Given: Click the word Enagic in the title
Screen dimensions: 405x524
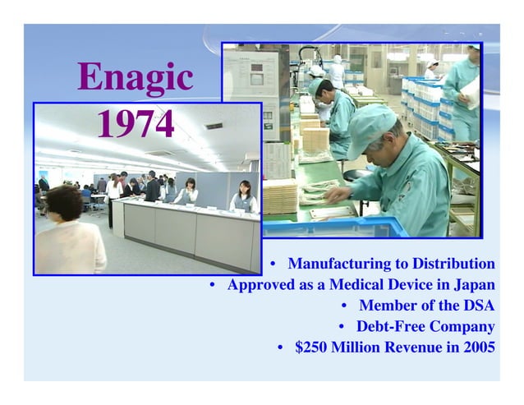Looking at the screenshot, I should (x=136, y=78).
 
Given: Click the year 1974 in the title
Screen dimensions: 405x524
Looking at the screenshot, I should (x=136, y=125).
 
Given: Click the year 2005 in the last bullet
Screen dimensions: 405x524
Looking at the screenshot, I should (x=479, y=347).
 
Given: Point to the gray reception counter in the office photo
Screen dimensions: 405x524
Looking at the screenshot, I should (x=189, y=230).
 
